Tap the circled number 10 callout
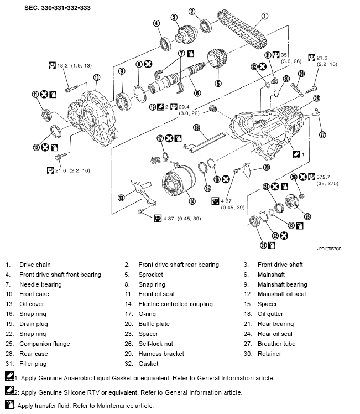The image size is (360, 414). (97, 77)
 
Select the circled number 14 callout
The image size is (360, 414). (192, 201)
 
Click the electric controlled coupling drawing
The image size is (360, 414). (178, 183)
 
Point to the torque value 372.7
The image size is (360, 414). (324, 177)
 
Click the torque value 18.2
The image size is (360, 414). (62, 65)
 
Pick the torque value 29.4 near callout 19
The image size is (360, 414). (184, 107)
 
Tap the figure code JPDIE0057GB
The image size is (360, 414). (329, 249)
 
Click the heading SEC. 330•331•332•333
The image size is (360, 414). (58, 8)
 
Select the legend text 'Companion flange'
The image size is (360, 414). (45, 344)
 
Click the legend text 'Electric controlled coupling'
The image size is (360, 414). (176, 304)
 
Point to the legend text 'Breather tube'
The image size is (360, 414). (276, 344)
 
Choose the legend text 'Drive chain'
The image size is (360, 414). (35, 265)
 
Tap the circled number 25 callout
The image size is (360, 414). (307, 216)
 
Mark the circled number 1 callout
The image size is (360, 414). (264, 17)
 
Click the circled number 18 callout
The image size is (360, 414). (196, 127)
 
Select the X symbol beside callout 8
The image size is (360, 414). (148, 64)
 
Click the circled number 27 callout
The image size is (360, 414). (322, 134)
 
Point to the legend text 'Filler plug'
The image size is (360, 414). (33, 364)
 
